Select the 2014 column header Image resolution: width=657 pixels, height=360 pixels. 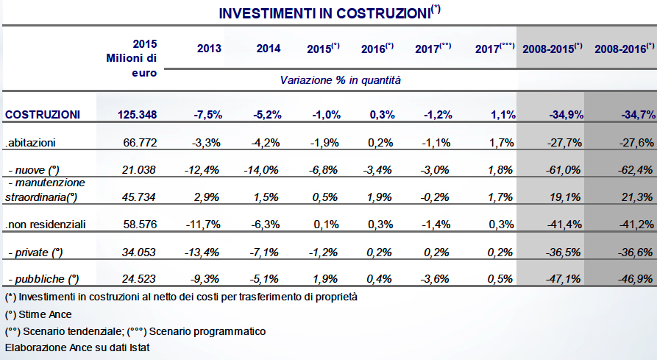coord(269,49)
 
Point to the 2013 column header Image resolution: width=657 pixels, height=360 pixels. coord(209,49)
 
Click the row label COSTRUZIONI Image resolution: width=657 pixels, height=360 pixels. coord(43,114)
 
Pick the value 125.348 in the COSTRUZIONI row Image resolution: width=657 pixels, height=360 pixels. coord(137,114)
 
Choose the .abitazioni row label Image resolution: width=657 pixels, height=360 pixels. coord(30,143)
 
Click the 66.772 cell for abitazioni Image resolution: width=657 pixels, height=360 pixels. coord(140,143)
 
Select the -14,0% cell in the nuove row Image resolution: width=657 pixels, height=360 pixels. coord(261,170)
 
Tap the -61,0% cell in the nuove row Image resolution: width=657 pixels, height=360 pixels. coord(563,170)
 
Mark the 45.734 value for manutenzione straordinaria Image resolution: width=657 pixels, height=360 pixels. coord(139,197)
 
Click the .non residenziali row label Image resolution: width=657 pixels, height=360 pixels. coord(46,225)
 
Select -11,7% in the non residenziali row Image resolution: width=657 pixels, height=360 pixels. coord(203,225)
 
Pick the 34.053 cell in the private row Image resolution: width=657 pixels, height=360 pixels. coord(139,253)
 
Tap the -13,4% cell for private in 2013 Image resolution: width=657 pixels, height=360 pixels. coord(202,253)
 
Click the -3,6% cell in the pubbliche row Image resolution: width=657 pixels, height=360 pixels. coord(436,279)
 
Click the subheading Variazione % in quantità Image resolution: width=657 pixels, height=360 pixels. coord(340,80)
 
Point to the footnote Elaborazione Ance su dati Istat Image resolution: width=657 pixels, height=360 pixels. coord(77,347)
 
